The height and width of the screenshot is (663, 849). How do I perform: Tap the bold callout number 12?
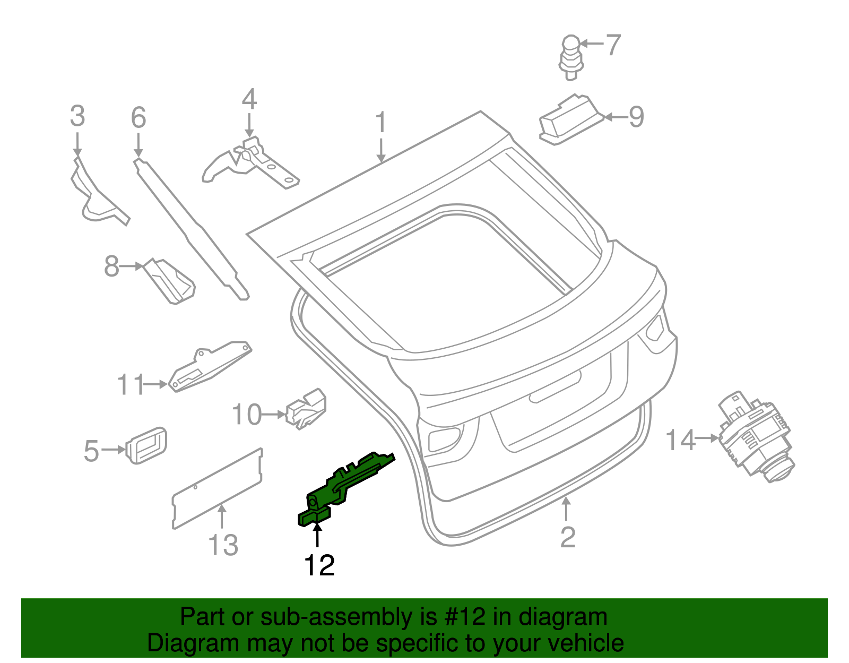[319, 566]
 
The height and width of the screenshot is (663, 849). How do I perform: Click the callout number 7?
[613, 45]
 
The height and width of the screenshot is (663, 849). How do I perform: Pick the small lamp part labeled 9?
[570, 119]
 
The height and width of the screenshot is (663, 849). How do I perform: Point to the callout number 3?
[77, 116]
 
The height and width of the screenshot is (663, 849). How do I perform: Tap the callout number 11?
[131, 384]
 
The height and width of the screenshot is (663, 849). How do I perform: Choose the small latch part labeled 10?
[307, 408]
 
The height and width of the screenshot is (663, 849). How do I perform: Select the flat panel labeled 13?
[218, 488]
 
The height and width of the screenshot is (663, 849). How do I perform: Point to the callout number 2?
[568, 537]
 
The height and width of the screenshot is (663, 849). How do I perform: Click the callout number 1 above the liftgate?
[381, 123]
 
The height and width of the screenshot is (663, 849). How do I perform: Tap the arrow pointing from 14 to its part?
[707, 438]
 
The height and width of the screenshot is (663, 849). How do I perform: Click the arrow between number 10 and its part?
[274, 414]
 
